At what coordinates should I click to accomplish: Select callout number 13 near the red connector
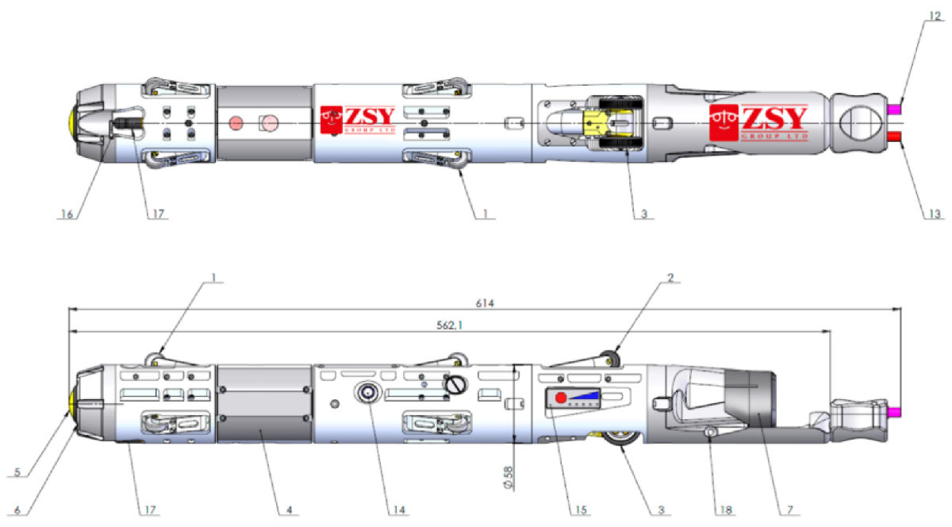[938, 213]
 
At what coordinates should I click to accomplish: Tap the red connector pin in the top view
[894, 137]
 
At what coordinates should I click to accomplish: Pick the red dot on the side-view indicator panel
[561, 397]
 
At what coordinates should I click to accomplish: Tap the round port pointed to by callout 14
[367, 392]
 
